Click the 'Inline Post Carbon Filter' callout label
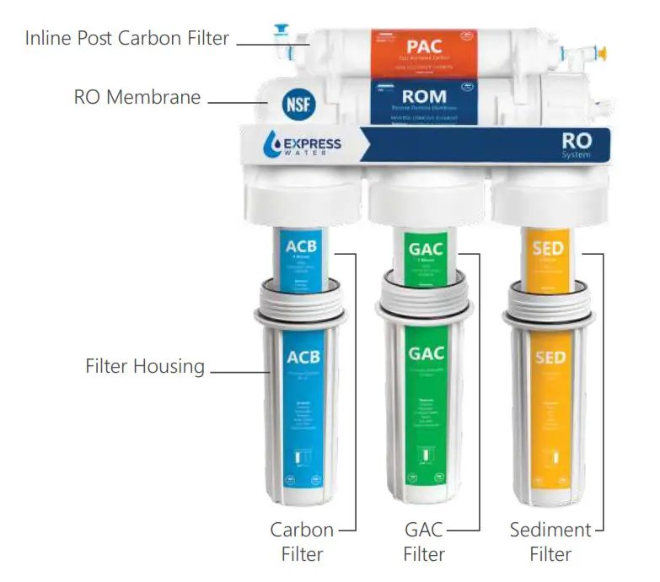[126, 39]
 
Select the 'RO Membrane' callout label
[137, 97]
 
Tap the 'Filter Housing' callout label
[145, 366]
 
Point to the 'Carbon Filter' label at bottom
[302, 542]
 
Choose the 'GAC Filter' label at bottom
[423, 542]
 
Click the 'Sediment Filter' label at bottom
[550, 542]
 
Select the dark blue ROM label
[424, 101]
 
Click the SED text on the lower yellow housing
[550, 358]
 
